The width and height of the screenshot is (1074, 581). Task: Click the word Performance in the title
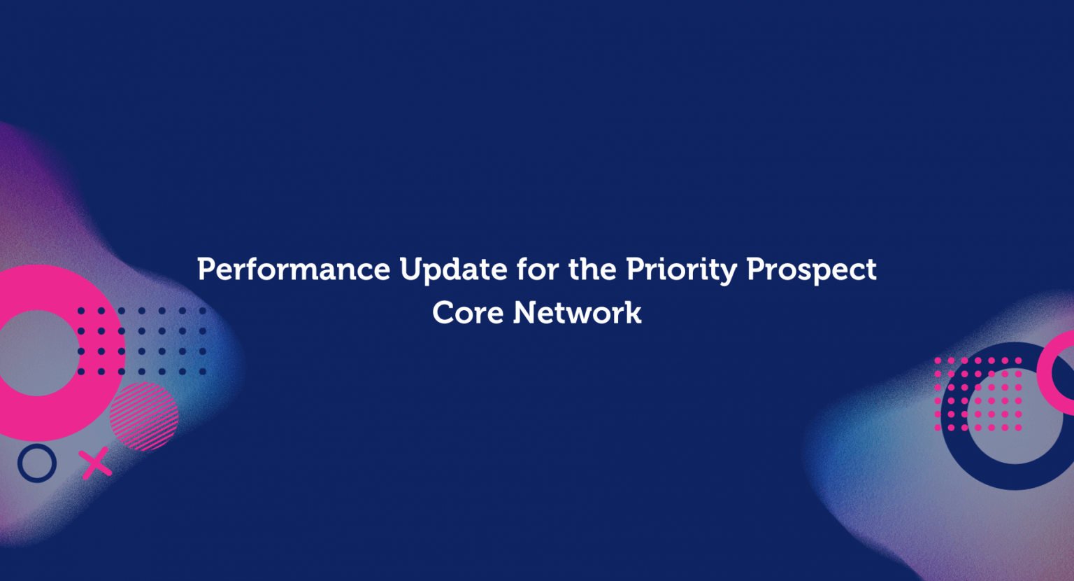tap(294, 269)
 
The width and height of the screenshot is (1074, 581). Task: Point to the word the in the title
tap(593, 269)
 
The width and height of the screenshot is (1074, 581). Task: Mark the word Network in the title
tap(577, 313)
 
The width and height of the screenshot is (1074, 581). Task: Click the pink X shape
tap(95, 463)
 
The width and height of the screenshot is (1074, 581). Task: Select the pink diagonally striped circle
tap(144, 416)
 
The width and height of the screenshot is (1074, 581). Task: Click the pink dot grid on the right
tap(978, 394)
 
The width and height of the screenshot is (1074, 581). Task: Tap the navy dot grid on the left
tap(142, 341)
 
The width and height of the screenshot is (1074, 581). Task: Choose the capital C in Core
tap(443, 313)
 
